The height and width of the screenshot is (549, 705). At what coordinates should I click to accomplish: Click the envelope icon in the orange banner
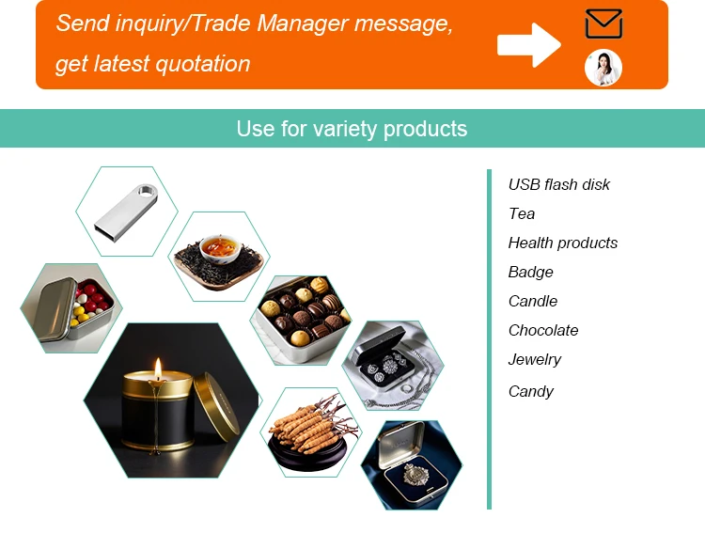click(603, 24)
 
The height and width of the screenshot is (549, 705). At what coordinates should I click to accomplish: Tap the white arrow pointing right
click(528, 44)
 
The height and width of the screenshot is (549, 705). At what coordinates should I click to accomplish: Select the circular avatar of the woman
click(603, 68)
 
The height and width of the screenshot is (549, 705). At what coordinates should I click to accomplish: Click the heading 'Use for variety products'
click(352, 129)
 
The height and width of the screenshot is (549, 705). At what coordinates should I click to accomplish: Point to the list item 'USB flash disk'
click(559, 184)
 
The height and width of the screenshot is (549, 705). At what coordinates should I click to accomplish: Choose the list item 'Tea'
click(522, 213)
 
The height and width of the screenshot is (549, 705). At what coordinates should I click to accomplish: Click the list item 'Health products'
click(563, 243)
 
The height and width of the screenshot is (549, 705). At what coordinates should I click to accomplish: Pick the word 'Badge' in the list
click(531, 272)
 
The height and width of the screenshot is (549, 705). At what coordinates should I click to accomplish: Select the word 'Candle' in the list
click(533, 301)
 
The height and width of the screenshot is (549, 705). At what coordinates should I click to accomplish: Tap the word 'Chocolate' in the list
click(543, 330)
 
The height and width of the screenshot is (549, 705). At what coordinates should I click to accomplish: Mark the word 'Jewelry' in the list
click(535, 359)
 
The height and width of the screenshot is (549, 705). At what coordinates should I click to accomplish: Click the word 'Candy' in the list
click(531, 391)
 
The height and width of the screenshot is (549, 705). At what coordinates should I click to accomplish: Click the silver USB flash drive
click(126, 208)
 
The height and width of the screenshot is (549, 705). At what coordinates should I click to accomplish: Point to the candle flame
click(157, 368)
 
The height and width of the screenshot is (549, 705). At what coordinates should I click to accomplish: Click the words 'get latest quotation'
click(153, 64)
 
